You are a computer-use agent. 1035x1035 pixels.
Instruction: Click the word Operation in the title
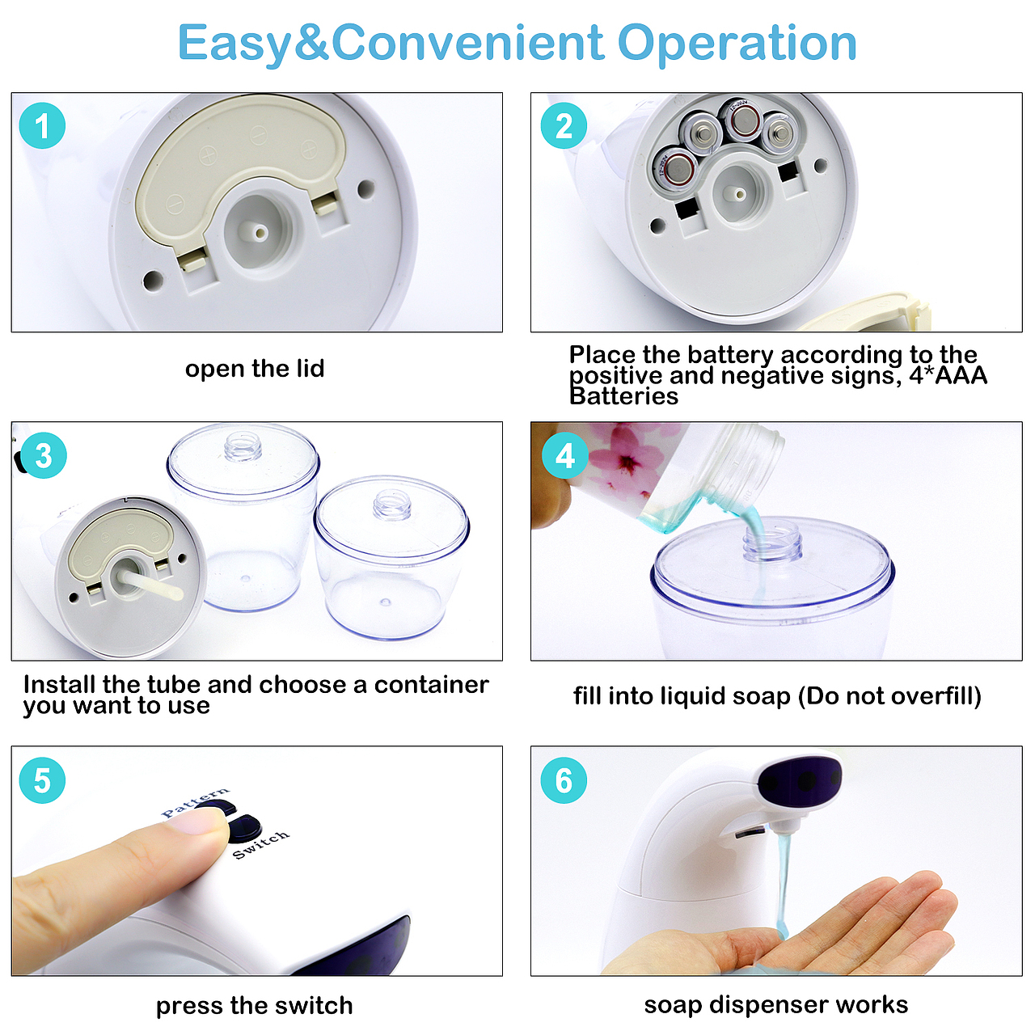[737, 44]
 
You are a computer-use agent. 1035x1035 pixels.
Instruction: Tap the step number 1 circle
[42, 125]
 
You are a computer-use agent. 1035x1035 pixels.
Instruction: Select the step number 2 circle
[564, 125]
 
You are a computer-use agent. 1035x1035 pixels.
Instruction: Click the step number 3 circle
[44, 455]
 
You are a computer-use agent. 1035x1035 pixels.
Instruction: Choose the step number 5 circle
[42, 780]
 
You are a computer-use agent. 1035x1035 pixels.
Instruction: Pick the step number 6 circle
[564, 780]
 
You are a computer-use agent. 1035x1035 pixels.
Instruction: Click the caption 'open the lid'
[255, 369]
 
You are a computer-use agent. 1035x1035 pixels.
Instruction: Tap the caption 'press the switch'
[254, 1005]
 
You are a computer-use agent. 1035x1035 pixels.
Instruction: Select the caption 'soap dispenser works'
[776, 1004]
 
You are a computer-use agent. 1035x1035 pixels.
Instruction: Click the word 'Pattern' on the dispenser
[195, 802]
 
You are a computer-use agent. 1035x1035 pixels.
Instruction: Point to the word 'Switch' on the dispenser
[261, 845]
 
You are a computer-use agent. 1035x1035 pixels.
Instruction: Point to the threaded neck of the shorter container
[392, 505]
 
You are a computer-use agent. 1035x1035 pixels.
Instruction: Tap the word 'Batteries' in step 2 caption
[623, 396]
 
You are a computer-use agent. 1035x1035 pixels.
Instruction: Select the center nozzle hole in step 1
[261, 234]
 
